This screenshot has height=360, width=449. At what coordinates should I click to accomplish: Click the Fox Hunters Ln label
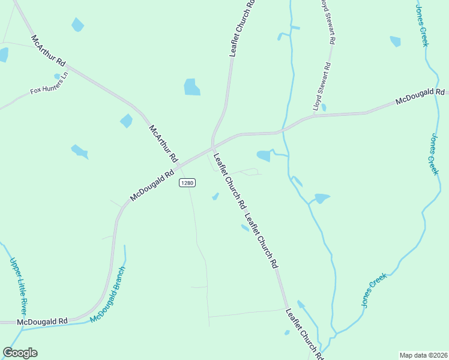(x=50, y=83)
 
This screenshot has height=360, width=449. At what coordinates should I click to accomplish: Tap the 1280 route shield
(x=187, y=183)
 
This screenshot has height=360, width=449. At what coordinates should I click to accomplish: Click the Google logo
(x=20, y=353)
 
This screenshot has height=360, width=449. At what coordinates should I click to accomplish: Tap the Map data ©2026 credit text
(x=423, y=355)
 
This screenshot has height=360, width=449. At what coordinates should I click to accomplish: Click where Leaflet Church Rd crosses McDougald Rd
(x=213, y=146)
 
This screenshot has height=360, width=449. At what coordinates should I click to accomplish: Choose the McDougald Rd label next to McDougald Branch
(x=42, y=322)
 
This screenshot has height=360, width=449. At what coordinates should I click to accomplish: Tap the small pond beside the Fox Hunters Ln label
(x=57, y=76)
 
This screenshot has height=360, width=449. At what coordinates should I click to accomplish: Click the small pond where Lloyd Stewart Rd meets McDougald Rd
(x=324, y=107)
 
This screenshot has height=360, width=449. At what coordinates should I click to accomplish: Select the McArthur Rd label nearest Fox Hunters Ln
(x=48, y=50)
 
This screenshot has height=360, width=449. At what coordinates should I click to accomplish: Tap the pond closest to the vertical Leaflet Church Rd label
(x=192, y=87)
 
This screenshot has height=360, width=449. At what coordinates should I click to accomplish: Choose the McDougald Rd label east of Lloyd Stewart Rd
(x=420, y=97)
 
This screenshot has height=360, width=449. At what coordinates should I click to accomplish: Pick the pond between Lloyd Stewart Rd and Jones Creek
(x=395, y=41)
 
